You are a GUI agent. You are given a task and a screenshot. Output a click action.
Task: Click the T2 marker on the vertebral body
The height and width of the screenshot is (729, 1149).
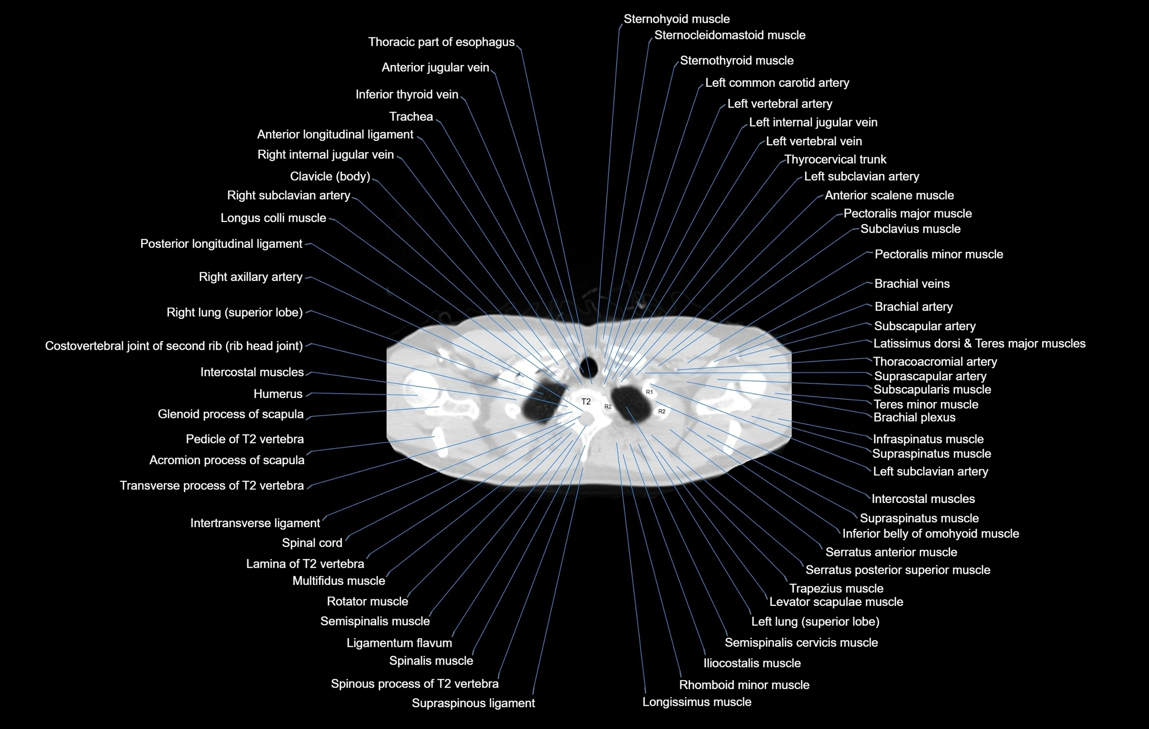point(586,402)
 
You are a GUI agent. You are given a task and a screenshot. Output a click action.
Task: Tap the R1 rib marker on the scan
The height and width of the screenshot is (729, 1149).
point(649,391)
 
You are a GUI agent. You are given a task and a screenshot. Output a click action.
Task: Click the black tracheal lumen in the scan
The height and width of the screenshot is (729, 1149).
point(587,366)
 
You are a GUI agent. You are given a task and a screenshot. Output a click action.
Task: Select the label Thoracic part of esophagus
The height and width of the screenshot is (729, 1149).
point(441,42)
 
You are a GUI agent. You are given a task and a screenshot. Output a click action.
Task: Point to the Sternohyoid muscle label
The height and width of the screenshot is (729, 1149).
point(677,19)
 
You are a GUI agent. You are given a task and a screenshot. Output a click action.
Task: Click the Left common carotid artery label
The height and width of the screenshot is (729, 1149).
point(777,83)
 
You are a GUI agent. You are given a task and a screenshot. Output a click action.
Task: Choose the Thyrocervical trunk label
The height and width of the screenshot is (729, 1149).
point(835,159)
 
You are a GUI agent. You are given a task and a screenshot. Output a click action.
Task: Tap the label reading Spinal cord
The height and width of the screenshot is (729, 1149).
point(312,543)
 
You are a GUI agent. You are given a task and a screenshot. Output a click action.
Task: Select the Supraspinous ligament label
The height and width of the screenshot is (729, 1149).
point(473,703)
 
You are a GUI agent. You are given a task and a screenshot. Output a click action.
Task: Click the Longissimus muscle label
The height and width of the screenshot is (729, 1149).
point(697,702)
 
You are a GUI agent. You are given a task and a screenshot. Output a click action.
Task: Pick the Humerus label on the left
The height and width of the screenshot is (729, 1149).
point(278,394)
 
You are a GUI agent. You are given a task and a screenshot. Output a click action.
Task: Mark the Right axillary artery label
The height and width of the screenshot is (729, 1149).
point(251,277)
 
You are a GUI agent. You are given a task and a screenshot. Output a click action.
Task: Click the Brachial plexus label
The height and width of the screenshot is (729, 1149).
point(914,417)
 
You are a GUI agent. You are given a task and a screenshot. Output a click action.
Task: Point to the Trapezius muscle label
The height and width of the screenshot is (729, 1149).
point(836,588)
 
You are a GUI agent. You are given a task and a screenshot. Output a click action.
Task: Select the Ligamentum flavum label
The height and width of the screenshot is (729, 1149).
point(399,643)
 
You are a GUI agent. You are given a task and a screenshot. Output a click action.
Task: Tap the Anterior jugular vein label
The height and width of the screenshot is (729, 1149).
point(435,68)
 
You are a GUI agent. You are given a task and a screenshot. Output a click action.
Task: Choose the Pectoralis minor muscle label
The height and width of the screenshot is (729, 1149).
point(938,254)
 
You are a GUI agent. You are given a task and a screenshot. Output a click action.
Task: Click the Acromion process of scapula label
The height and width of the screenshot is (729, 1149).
point(227,460)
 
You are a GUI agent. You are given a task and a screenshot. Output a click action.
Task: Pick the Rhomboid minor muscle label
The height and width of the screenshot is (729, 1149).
point(744,685)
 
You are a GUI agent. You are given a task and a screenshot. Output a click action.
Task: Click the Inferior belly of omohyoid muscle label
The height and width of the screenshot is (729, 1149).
point(930,534)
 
